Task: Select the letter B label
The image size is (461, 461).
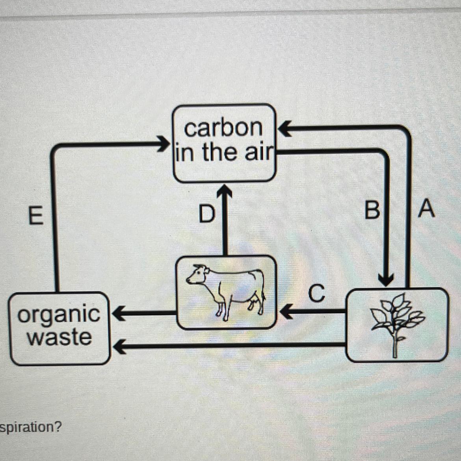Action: tap(372, 209)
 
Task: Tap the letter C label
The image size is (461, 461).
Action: tap(317, 293)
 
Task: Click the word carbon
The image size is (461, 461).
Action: tap(223, 128)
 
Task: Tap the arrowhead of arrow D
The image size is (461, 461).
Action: tap(225, 192)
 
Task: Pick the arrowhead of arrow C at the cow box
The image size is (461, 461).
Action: tap(286, 313)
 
